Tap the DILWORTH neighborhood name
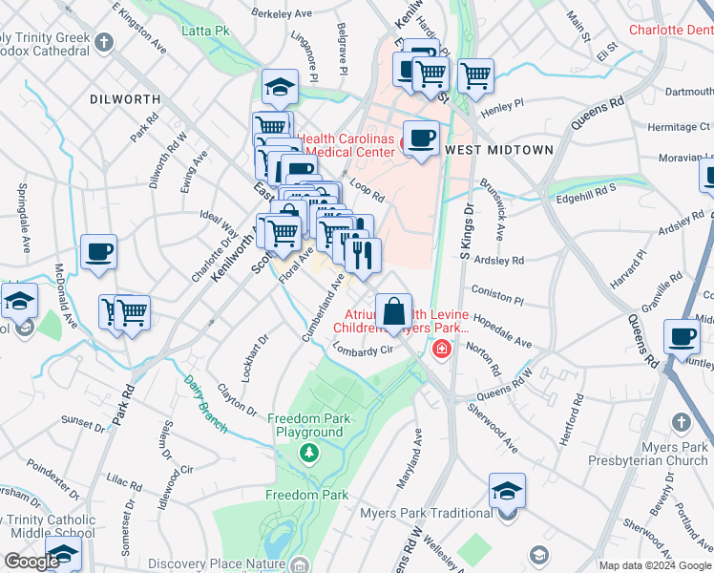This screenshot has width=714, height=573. click(120, 99)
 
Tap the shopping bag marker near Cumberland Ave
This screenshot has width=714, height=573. click(393, 310)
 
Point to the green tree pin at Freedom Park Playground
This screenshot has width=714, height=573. click(308, 451)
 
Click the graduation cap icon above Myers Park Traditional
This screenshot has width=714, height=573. click(507, 491)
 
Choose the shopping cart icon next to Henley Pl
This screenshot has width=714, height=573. click(474, 75)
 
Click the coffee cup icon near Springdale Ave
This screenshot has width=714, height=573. click(98, 253)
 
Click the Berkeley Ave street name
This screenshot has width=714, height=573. click(282, 13)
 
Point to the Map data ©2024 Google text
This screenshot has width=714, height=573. click(654, 565)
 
